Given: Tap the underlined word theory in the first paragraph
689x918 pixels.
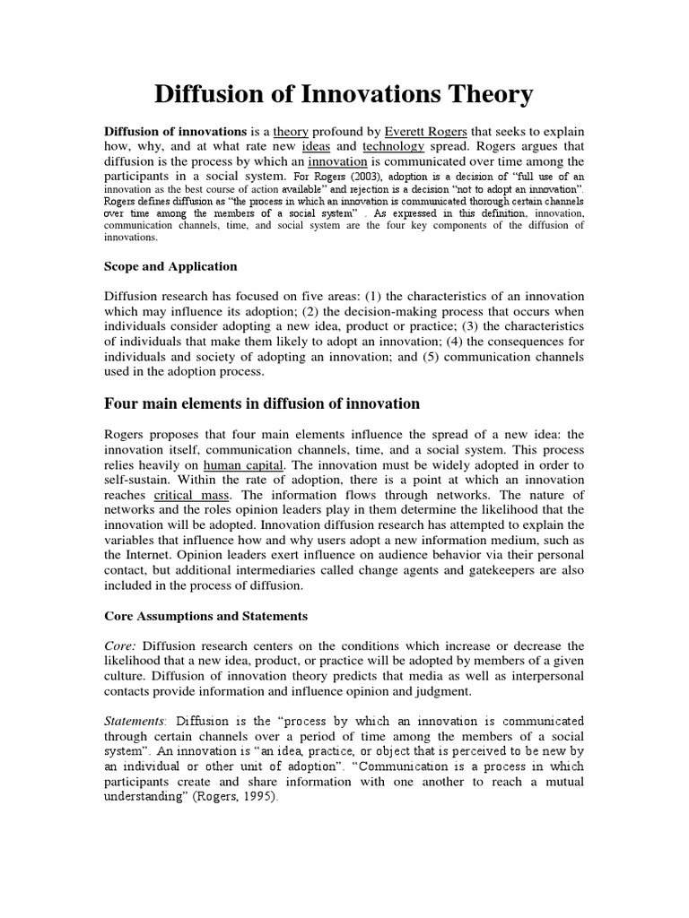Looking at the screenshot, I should [291, 130].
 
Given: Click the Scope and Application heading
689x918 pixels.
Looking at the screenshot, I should [170, 265].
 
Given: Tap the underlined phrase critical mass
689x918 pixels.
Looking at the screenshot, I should [188, 495].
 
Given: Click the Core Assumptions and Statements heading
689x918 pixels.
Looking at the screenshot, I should [205, 616].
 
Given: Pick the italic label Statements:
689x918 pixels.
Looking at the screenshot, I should [135, 720].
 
